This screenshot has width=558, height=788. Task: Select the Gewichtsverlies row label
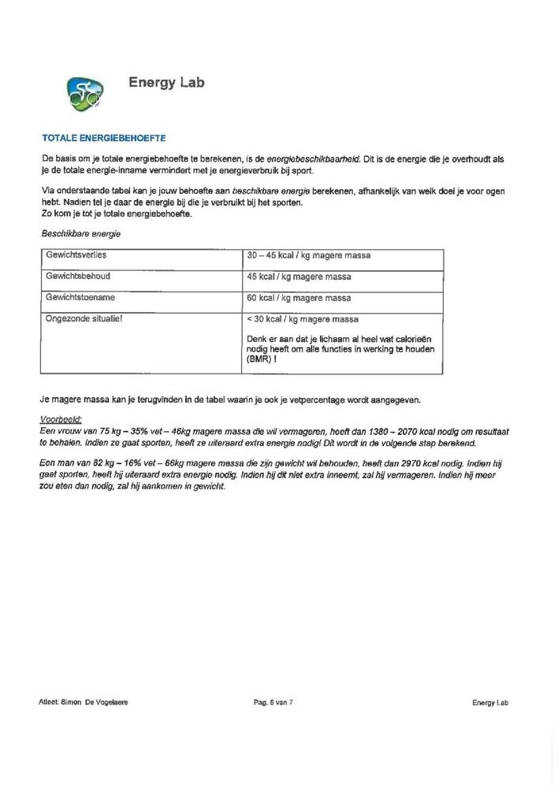[x=76, y=255]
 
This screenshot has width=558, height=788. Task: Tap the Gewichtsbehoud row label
[x=76, y=277]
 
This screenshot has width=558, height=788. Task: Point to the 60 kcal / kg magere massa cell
[x=299, y=298]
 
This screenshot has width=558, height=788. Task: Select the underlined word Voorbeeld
[x=61, y=421]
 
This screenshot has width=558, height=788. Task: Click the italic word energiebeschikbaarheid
[x=314, y=159]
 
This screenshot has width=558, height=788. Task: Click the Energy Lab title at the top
[x=166, y=83]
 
